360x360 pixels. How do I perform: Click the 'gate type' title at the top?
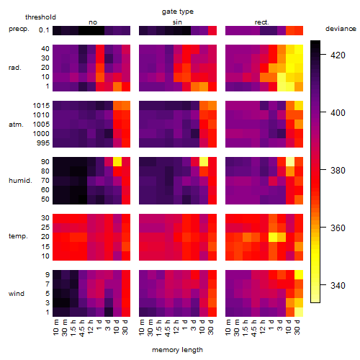tap(178, 12)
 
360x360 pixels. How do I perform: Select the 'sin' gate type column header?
tap(177, 22)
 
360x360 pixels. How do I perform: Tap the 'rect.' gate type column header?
tap(261, 22)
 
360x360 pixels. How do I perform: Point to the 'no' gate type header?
tap(93, 22)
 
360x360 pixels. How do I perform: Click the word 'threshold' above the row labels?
tap(40, 17)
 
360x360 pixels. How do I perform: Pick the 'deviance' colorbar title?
tap(341, 29)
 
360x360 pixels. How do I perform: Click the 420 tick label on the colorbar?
tap(338, 55)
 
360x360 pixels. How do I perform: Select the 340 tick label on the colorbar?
tap(338, 286)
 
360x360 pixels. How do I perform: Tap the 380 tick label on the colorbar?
tap(338, 171)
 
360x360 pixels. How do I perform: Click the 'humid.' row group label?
tap(20, 181)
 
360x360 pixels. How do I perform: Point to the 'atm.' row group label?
tap(16, 125)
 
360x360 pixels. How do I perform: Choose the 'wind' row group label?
tap(17, 294)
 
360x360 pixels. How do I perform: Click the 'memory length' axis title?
tap(177, 350)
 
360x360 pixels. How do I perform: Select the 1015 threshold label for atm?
tap(41, 106)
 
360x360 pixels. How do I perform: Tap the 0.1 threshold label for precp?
tap(44, 30)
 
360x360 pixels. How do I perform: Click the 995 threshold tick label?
tap(43, 143)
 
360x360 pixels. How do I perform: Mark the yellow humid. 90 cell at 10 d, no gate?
tap(117, 162)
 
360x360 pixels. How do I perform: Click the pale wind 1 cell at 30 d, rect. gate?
tap(299, 312)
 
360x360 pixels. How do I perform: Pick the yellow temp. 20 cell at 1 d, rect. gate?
tap(273, 237)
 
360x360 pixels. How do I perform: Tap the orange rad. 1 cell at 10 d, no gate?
tap(117, 86)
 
